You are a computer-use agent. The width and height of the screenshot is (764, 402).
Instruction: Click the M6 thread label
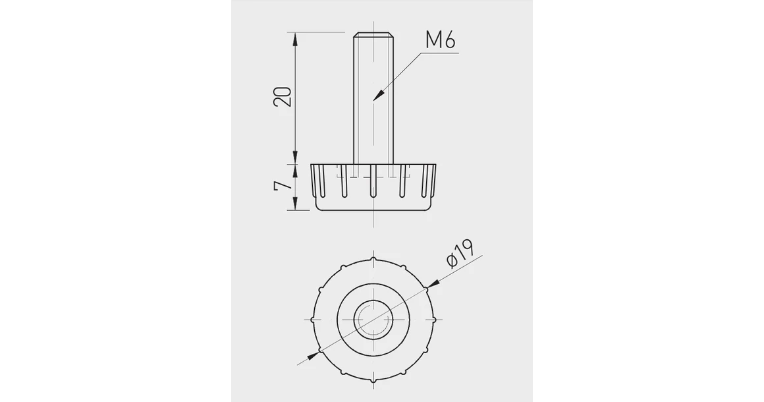pyautogui.click(x=441, y=40)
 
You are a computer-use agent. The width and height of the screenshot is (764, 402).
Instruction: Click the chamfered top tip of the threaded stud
pyautogui.click(x=373, y=34)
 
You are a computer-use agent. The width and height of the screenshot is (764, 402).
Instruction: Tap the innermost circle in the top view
pyautogui.click(x=373, y=319)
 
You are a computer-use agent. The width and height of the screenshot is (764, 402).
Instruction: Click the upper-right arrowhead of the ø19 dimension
pyautogui.click(x=431, y=285)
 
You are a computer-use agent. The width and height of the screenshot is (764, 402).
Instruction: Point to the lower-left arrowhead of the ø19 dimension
pyautogui.click(x=315, y=354)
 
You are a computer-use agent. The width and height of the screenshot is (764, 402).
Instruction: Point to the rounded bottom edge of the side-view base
pyautogui.click(x=373, y=210)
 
